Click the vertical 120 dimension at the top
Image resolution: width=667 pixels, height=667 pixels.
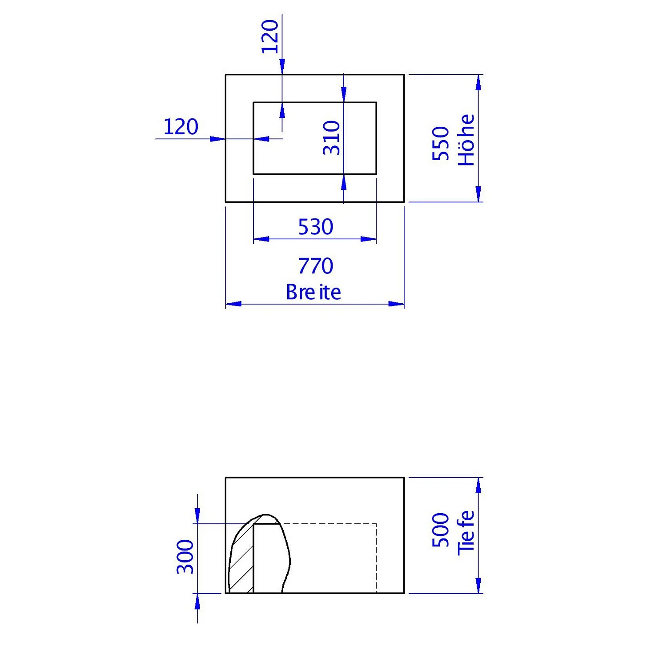coord(270,36)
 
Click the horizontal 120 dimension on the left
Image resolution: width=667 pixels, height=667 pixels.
coord(181,127)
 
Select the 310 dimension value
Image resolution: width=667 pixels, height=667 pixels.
coord(332,138)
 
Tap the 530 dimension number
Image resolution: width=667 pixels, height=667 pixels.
coord(315,227)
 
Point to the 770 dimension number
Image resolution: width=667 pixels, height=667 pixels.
coord(315,266)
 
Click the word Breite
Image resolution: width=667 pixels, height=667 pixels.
coord(313,292)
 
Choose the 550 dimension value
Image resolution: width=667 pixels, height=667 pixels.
coord(441,143)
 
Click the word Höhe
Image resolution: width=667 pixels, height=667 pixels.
coord(466,140)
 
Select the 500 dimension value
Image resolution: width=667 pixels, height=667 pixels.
coord(441,530)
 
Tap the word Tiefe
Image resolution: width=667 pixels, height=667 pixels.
coord(466,532)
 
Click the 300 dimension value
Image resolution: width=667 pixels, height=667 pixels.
coord(185,557)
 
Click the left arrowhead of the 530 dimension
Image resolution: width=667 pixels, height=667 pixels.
coord(261,239)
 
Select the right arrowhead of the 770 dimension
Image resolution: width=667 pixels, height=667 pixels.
coord(396,304)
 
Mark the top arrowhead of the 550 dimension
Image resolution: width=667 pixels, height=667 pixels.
coord(478,82)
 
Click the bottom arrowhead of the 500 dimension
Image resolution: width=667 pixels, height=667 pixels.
coord(478,586)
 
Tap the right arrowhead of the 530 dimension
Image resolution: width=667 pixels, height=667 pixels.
coord(369,239)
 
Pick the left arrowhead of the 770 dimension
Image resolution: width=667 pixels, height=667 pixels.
coord(233,304)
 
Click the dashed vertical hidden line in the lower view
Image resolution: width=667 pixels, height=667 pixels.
coord(376,559)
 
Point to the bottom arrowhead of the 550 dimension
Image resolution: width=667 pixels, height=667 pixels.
coord(478,194)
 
